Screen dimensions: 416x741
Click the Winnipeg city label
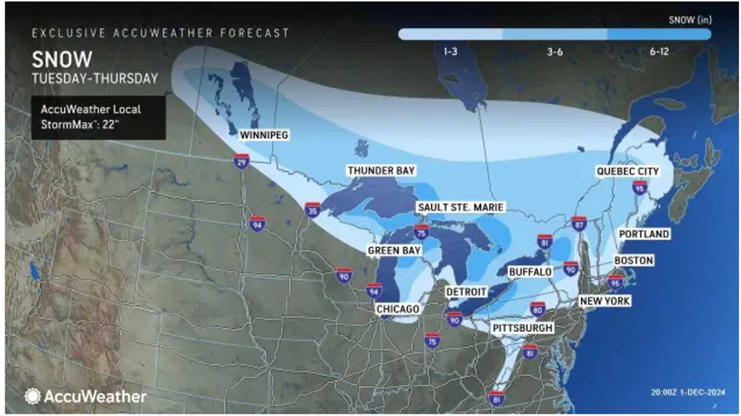coord(264,135)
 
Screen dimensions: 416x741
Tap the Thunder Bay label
coord(381,171)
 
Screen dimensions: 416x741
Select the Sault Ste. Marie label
coord(461,207)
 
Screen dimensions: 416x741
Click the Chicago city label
coord(397,309)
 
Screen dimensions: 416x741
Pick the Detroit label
coord(467,291)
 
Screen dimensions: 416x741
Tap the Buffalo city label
coord(530,272)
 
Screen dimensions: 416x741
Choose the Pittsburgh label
coord(523,328)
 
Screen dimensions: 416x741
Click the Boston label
coord(633,261)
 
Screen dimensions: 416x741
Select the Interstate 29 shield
coord(242,160)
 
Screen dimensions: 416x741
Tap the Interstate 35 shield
coord(313,209)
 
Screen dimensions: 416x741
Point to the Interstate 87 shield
coord(579,224)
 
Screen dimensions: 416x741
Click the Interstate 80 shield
coord(537,308)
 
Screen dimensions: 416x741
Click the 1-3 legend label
coord(451,52)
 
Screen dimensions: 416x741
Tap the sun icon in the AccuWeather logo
coord(32,396)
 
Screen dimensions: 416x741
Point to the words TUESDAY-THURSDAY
coord(94,78)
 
